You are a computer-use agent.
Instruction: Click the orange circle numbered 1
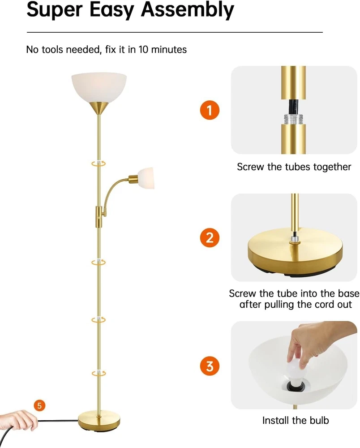click(x=210, y=110)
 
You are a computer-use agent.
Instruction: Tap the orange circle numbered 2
click(x=210, y=238)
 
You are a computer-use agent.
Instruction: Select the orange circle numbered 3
click(x=210, y=366)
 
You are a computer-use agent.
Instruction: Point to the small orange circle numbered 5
click(x=39, y=405)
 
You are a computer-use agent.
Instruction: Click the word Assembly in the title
click(x=187, y=10)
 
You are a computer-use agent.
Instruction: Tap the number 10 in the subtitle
click(x=143, y=49)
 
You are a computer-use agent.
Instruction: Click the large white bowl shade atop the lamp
click(x=99, y=87)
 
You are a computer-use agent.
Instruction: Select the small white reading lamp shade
click(x=146, y=178)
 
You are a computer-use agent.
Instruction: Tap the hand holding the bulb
click(x=314, y=343)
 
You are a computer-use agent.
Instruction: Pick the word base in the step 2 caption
click(x=348, y=293)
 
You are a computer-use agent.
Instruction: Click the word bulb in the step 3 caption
click(x=319, y=420)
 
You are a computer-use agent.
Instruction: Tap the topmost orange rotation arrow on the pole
click(x=99, y=164)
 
